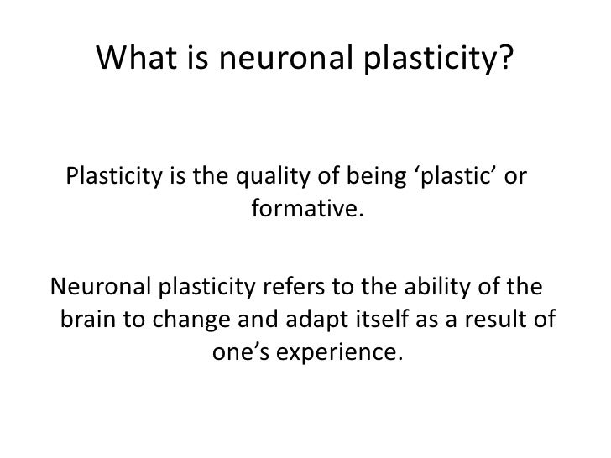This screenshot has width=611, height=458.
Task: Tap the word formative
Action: [307, 206]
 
